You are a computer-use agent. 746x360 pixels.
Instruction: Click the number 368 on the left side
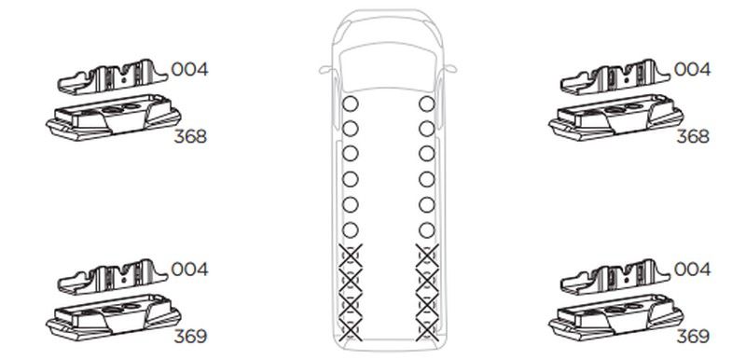click(190, 136)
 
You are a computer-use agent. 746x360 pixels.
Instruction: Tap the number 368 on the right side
click(693, 136)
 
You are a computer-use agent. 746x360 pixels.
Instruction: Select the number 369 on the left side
click(190, 337)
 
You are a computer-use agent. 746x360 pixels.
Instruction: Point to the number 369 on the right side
click(693, 337)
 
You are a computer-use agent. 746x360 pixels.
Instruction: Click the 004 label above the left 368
click(189, 69)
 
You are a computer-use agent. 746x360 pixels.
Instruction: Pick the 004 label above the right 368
click(692, 69)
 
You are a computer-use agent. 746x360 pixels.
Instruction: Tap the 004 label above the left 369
click(189, 270)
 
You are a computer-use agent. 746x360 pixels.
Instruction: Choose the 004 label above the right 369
click(692, 270)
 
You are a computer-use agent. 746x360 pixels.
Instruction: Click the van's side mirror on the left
click(326, 70)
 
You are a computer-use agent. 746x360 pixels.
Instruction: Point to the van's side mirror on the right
click(450, 69)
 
